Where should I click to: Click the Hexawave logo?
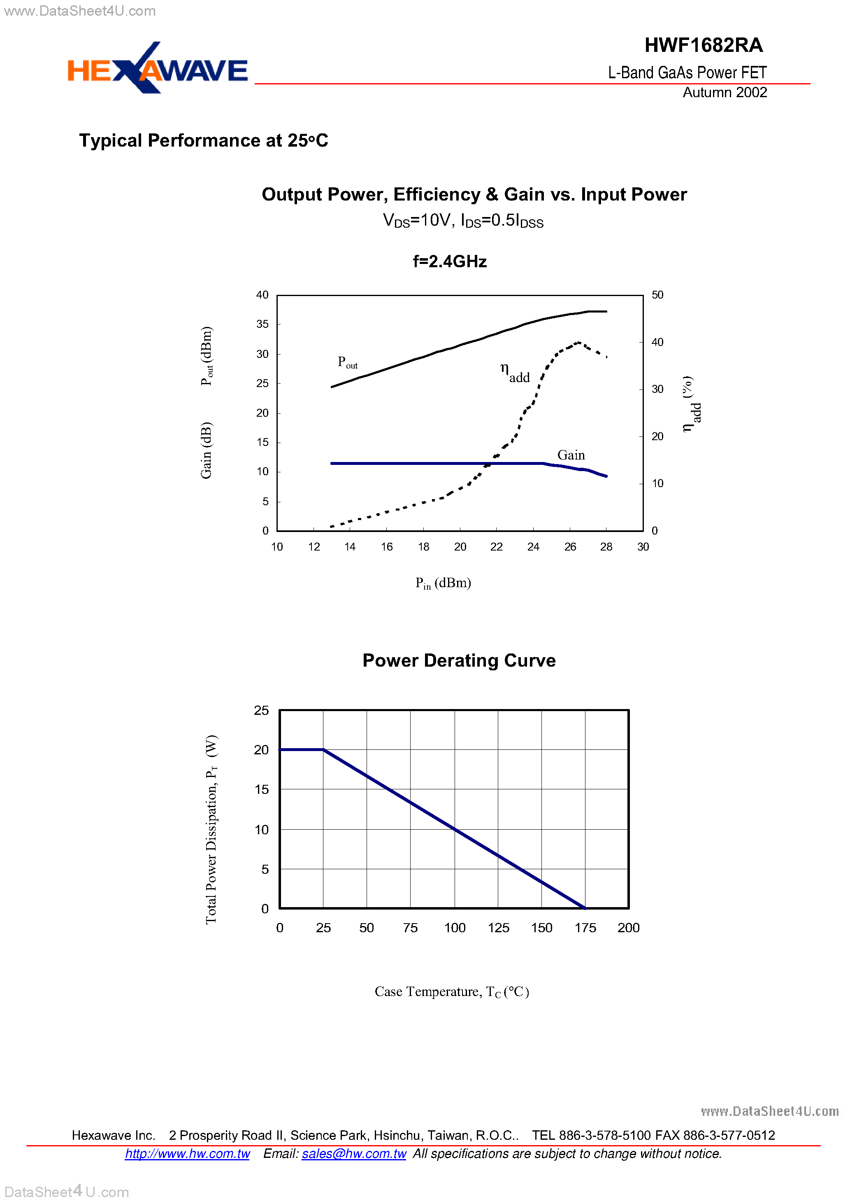(157, 69)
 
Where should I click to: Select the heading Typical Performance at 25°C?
(203, 140)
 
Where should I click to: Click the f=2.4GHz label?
(450, 261)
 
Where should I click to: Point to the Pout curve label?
(347, 362)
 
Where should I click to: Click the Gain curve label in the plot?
(571, 455)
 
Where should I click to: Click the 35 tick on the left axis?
(262, 324)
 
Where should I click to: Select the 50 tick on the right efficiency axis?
(657, 295)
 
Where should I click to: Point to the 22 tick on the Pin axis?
(496, 547)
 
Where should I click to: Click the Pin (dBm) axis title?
(443, 583)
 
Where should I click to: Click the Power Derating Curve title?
(459, 660)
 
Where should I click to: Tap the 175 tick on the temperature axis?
(585, 928)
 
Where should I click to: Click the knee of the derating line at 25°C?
(323, 750)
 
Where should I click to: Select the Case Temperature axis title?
(452, 992)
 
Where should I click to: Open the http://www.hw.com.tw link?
(187, 1154)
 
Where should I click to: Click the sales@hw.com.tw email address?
(354, 1154)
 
